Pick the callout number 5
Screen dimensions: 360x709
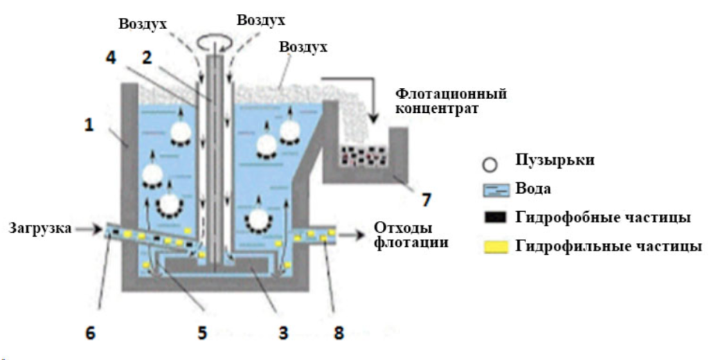coord(201,332)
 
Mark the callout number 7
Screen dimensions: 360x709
coord(426,200)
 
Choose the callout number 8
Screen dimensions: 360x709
coord(339,332)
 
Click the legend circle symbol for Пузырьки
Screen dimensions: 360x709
coord(490,163)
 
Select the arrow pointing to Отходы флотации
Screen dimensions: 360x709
coord(357,235)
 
